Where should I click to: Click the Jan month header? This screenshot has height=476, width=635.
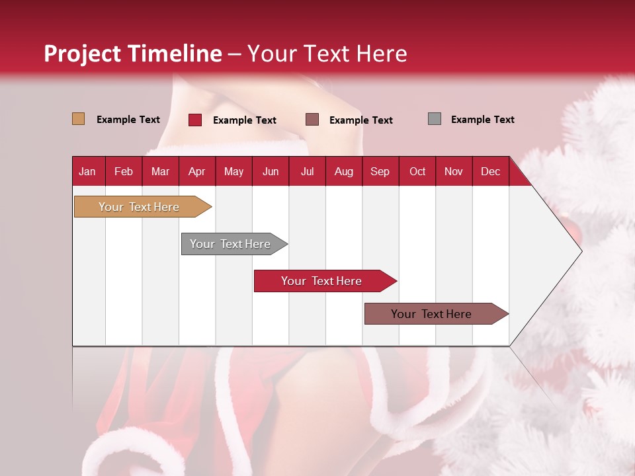[x=87, y=171]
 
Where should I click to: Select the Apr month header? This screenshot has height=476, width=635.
[x=196, y=171]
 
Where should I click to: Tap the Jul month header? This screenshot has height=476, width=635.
[x=307, y=171]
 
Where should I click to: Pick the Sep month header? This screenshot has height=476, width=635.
[x=380, y=171]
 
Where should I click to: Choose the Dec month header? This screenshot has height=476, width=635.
[x=490, y=171]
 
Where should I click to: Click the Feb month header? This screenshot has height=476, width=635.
[x=124, y=171]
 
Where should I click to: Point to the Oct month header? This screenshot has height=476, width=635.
[x=417, y=171]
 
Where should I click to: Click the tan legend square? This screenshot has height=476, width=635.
[x=79, y=119]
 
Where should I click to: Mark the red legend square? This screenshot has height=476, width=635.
[x=195, y=120]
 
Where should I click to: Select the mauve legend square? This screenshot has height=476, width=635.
[x=312, y=120]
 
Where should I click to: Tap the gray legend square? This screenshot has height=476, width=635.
[x=435, y=119]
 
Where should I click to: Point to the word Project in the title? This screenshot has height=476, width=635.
[x=82, y=54]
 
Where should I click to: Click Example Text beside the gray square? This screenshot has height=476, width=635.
[x=482, y=120]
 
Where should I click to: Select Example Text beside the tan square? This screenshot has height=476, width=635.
[x=128, y=120]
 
